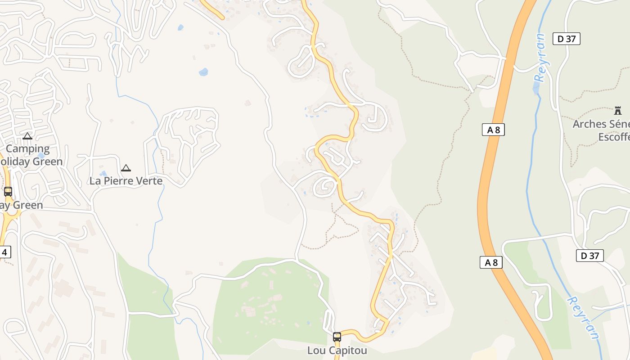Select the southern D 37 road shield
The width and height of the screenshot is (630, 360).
click(x=589, y=256)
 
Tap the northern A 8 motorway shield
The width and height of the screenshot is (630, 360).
click(x=493, y=130)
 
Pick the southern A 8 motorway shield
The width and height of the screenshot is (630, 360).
click(x=490, y=262)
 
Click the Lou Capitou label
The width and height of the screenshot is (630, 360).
click(x=337, y=350)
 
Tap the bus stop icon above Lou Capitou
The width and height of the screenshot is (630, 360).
click(x=337, y=337)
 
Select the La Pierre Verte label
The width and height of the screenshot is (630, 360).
click(x=126, y=181)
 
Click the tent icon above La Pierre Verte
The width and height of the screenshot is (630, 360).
click(x=126, y=168)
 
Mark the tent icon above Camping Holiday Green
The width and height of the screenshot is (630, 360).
click(x=27, y=136)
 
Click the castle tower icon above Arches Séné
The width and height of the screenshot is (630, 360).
click(x=617, y=110)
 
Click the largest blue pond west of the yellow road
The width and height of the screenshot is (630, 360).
click(x=203, y=72)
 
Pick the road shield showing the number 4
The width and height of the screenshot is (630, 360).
click(x=4, y=252)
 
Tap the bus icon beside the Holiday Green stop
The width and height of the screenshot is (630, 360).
click(x=8, y=192)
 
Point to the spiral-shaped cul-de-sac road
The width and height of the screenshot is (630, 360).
click(x=325, y=186)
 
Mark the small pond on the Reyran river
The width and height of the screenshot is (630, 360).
click(x=535, y=88)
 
